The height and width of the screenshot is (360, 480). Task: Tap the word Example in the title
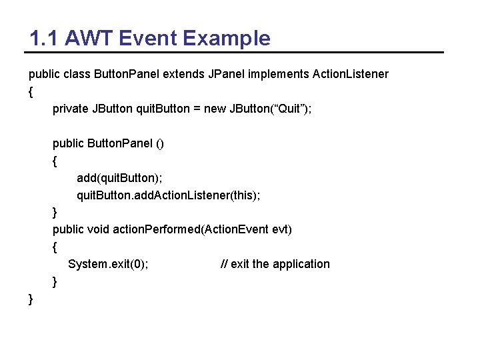click(226, 38)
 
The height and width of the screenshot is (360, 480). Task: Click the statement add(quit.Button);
click(119, 178)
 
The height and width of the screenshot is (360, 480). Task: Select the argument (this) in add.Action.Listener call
click(243, 195)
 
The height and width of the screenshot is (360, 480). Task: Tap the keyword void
click(99, 229)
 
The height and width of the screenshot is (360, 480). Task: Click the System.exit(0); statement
click(108, 264)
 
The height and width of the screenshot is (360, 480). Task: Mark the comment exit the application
click(280, 264)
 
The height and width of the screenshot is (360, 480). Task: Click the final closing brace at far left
click(31, 299)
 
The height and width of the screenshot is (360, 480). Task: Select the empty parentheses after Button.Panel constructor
click(159, 143)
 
